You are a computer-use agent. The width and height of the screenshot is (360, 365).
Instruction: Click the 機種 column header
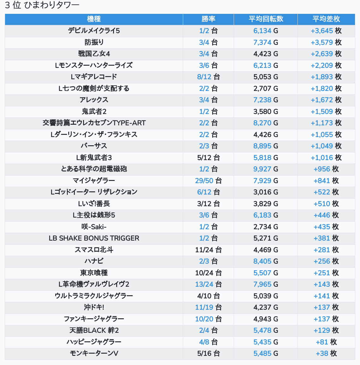click(x=94, y=19)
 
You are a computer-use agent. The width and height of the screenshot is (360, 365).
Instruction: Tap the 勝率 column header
click(x=208, y=19)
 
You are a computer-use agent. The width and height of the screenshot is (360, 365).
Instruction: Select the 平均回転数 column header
click(x=266, y=19)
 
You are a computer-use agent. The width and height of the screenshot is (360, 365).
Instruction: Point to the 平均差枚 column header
click(x=326, y=19)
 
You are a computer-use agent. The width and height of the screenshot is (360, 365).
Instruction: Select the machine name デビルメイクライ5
click(x=94, y=31)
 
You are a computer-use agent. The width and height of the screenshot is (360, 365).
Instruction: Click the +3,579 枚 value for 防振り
click(x=326, y=42)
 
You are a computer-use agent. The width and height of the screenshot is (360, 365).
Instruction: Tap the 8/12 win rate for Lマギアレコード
click(x=208, y=77)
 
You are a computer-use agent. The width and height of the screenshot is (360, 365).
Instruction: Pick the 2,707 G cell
click(x=266, y=88)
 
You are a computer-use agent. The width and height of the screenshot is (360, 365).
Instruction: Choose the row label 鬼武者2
click(x=94, y=111)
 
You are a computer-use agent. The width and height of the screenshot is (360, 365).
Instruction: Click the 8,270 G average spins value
click(x=266, y=123)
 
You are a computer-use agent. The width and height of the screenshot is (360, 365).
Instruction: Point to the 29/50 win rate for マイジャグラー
click(x=208, y=181)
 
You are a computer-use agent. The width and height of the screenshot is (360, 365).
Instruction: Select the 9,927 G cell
click(x=266, y=169)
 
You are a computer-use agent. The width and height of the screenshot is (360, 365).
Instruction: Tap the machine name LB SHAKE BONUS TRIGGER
click(x=94, y=238)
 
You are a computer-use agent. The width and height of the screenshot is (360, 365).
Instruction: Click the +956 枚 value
click(x=326, y=169)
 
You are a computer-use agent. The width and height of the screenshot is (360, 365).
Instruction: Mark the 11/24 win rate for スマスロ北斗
click(x=208, y=250)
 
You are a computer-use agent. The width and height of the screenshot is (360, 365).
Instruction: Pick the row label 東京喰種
click(x=94, y=273)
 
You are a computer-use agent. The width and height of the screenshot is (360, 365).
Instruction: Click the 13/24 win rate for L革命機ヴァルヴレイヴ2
click(x=208, y=284)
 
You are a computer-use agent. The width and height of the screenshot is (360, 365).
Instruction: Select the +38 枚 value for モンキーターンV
click(x=326, y=354)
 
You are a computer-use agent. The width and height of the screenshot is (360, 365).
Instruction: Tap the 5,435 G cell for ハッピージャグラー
click(x=266, y=342)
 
